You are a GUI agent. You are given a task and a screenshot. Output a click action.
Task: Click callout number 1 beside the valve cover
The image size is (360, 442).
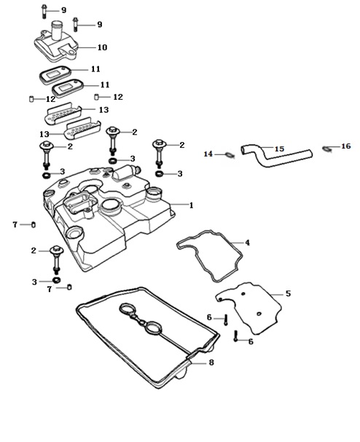tap(191, 205)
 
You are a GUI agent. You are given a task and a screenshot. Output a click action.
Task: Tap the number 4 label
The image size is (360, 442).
tap(247, 242)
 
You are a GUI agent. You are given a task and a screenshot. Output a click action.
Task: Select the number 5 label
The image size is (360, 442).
tap(288, 293)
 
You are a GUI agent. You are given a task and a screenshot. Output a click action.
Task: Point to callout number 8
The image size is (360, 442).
tap(211, 362)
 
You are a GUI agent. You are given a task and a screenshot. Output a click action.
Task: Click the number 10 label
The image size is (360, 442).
tap(103, 47)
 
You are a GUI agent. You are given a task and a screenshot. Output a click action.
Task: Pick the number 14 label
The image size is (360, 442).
tap(208, 154)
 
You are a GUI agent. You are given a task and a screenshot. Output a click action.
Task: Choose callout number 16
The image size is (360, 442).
tap(346, 146)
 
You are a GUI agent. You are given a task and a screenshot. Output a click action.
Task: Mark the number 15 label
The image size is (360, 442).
tap(279, 149)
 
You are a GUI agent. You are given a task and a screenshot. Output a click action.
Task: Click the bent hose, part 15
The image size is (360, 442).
tap(276, 156)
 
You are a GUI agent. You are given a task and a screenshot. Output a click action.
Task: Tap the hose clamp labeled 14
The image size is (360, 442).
tap(230, 155)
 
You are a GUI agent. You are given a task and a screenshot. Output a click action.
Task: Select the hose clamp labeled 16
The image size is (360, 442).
tap(326, 149)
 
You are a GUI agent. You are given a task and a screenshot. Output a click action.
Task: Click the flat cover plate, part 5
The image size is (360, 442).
tap(250, 308)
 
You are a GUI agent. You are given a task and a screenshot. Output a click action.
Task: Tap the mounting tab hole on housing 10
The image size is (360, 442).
tap(72, 52)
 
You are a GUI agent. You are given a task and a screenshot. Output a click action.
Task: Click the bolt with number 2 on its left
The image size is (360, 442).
tap(56, 260)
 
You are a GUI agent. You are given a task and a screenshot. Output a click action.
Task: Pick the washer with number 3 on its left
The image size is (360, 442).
tap(57, 280)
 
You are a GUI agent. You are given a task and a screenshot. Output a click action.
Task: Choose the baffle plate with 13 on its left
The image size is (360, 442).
tap(82, 128)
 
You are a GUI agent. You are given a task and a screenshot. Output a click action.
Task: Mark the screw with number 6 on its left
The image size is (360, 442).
tap(225, 320)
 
